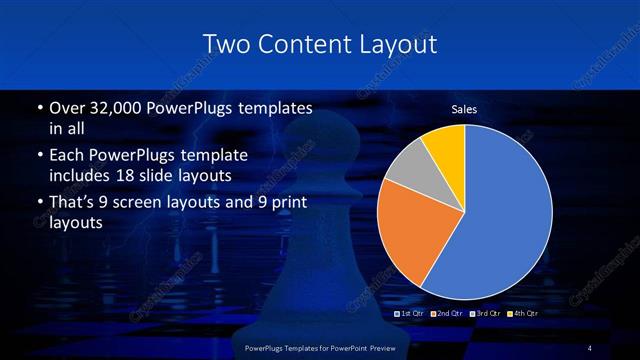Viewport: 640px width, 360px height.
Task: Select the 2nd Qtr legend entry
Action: coord(451,314)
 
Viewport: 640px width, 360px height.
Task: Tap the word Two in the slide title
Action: coord(225,45)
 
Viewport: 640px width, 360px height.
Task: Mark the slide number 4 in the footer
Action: coord(590,347)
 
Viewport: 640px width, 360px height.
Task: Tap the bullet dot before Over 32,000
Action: coord(38,108)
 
